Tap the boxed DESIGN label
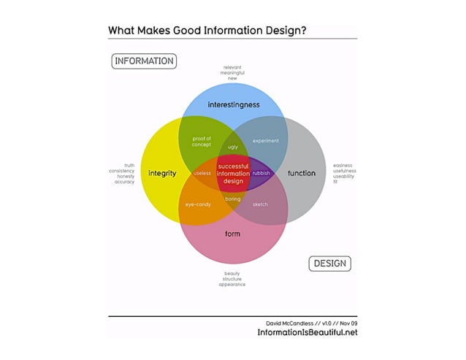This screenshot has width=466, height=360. tap(329, 262)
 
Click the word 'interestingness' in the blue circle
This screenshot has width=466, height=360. tap(233, 105)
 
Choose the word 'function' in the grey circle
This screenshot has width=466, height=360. tap(302, 173)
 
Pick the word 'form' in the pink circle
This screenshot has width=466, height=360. tap(232, 233)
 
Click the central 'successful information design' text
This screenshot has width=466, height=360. tap(233, 173)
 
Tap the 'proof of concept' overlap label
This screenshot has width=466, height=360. tap(202, 141)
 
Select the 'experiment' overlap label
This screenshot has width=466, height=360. tap(266, 140)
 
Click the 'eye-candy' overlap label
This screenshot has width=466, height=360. tap(198, 204)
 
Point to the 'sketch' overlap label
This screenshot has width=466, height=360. tap(261, 204)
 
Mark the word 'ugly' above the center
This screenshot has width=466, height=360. tap(233, 147)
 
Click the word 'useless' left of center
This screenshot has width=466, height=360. tap(202, 173)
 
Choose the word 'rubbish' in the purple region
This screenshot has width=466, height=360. tap(261, 173)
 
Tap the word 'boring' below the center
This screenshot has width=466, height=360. tap(232, 199)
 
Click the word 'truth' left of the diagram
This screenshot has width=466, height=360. tap(129, 165)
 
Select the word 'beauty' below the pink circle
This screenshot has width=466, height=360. tap(232, 274)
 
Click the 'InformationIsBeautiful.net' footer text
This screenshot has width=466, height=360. tap(307, 332)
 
